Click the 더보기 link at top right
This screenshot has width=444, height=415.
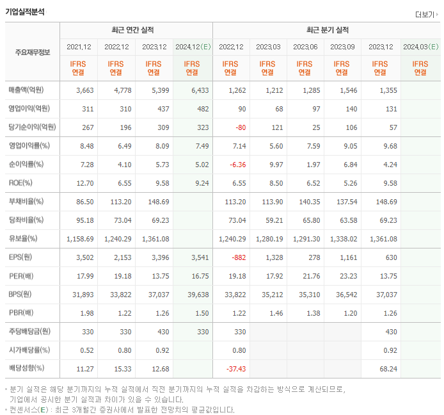tap(425, 15)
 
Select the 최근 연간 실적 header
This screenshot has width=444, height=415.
tap(136, 30)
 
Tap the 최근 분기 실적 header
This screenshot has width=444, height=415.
tap(327, 30)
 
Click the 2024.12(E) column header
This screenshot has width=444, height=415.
tap(192, 47)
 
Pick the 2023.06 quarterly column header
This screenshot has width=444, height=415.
tap(305, 47)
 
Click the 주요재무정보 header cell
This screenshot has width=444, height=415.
tap(32, 52)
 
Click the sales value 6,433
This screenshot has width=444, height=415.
tap(199, 90)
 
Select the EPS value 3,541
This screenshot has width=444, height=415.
tap(199, 257)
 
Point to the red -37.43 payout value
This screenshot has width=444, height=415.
tap(234, 369)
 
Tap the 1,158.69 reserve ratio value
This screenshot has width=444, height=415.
tap(80, 239)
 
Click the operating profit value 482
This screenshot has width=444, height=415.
tap(202, 109)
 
